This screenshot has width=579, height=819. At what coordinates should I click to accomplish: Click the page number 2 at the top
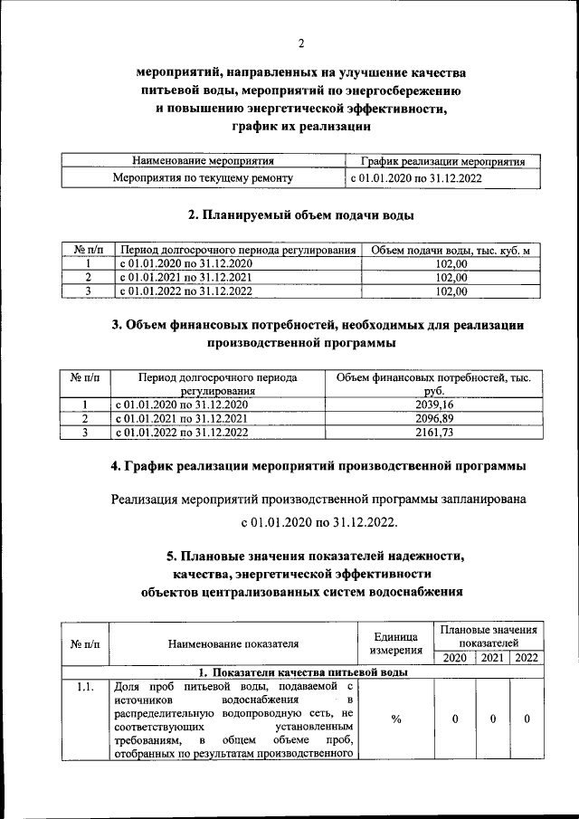301,43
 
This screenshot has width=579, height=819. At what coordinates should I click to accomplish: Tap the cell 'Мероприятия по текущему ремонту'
202,179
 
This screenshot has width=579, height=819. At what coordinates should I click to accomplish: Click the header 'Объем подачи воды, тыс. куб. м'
451,249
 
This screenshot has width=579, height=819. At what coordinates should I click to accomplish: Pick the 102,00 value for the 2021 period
451,277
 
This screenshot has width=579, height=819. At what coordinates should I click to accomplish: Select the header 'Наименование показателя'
233,643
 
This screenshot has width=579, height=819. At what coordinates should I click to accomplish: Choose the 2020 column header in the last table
455,658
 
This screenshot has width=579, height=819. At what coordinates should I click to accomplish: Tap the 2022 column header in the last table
525,658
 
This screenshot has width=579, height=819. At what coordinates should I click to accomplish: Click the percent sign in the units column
396,719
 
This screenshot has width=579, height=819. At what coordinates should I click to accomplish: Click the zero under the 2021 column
493,719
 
